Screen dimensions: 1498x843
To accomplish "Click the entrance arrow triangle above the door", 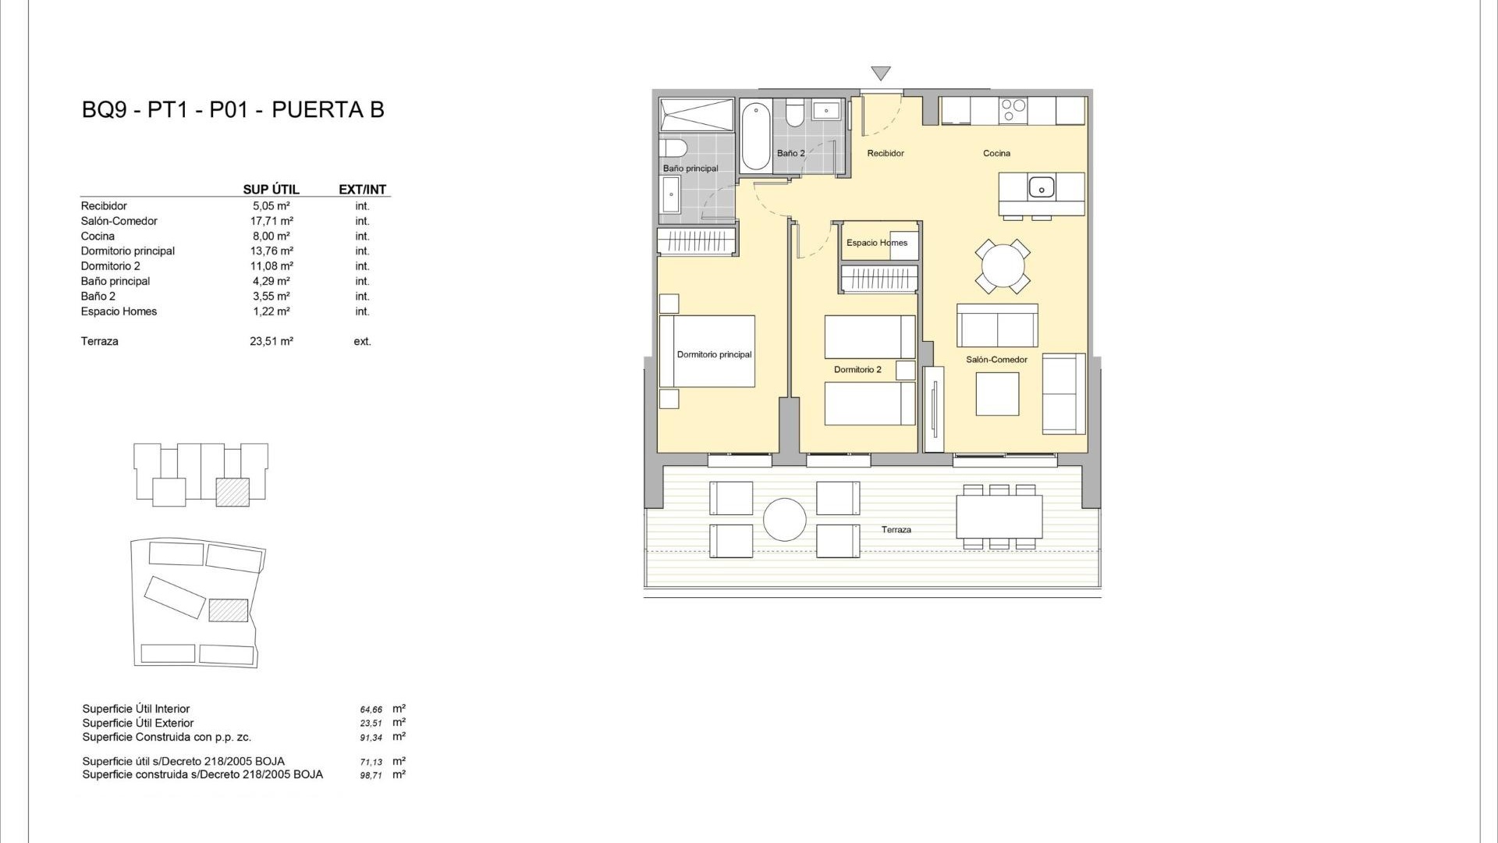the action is point(881,73).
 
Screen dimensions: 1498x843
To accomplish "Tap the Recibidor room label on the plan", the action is point(886,153).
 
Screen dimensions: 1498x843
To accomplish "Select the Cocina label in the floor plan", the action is point(996,153).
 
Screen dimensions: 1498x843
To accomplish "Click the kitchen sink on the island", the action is point(1041,187).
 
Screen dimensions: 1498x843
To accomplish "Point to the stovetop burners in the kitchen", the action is point(1013,111).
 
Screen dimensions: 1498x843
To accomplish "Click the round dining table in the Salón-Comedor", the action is point(1003,267).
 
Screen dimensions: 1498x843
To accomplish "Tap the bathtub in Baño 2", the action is point(755,137).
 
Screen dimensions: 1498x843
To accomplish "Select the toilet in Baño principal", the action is point(673,148).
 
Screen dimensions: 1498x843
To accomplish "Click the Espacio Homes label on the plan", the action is point(877,243).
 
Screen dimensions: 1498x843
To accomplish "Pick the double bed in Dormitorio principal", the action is point(707,351).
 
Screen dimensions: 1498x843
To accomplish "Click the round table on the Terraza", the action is point(784,519).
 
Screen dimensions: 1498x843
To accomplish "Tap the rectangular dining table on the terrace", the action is point(999,517).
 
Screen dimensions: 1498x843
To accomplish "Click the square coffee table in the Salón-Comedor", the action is point(997,394).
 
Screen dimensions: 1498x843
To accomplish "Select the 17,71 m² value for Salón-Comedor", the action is point(272,221).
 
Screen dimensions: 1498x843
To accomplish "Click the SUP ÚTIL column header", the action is point(271,190).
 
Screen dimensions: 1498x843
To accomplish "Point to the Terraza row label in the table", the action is point(100,341).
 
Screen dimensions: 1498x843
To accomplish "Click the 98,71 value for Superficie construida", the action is point(371,776).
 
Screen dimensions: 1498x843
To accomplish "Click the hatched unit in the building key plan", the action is point(233,492).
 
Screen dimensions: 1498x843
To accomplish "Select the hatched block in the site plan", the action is point(229,610).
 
